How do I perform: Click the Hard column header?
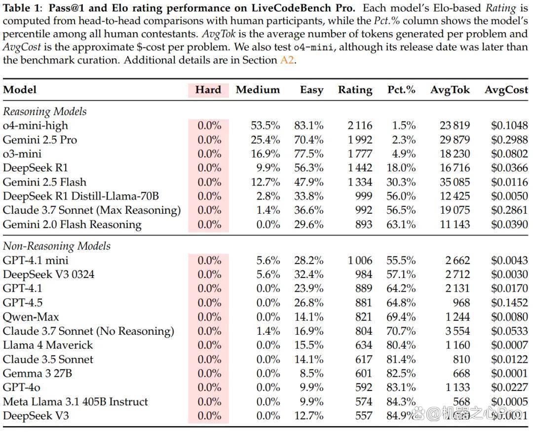pyautogui.click(x=208, y=90)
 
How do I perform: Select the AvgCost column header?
pyautogui.click(x=506, y=90)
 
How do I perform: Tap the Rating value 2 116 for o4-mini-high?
pyautogui.click(x=360, y=125)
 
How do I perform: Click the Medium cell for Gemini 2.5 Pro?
pyautogui.click(x=266, y=140)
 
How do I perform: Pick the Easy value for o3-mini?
pyautogui.click(x=308, y=154)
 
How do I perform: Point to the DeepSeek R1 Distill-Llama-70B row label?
pyautogui.click(x=81, y=196)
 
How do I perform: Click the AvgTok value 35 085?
pyautogui.click(x=455, y=182)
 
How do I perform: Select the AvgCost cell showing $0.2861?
pyautogui.click(x=509, y=210)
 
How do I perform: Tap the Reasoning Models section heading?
pyautogui.click(x=44, y=112)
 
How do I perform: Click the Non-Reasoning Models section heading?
pyautogui.click(x=56, y=246)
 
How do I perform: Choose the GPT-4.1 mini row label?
pyautogui.click(x=36, y=260)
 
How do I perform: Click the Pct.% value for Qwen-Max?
pyautogui.click(x=401, y=316)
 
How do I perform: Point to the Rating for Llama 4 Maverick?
pyautogui.click(x=364, y=345)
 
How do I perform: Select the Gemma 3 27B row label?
pyautogui.click(x=38, y=373)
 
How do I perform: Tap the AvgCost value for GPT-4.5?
pyautogui.click(x=509, y=303)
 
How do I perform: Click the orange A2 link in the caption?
pyautogui.click(x=287, y=60)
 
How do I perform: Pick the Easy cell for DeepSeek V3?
pyautogui.click(x=308, y=416)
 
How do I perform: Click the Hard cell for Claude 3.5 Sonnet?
pyautogui.click(x=209, y=359)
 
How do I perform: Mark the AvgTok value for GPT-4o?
pyautogui.click(x=457, y=388)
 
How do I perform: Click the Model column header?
pyautogui.click(x=19, y=90)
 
